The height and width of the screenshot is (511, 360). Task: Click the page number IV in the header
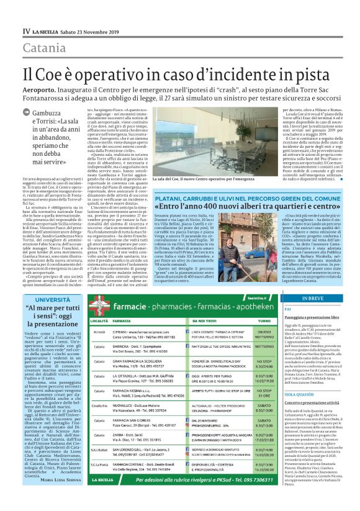coord(26,30)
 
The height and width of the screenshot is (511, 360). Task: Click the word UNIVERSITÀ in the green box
coord(53,299)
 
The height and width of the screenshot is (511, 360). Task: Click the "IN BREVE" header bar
coord(314,297)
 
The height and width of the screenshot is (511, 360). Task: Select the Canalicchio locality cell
coord(103,406)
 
